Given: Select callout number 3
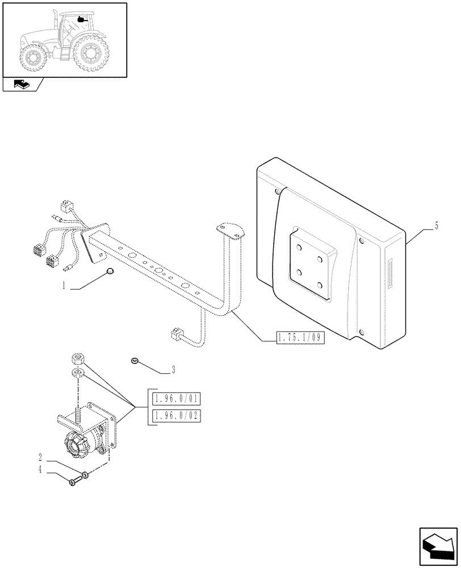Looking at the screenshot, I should click(x=173, y=370).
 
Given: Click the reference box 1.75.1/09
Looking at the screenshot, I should click(x=299, y=338).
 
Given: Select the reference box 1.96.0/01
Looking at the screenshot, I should click(x=177, y=398).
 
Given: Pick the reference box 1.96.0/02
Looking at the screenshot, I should click(x=177, y=416).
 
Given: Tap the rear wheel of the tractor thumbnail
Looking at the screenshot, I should click(x=91, y=54).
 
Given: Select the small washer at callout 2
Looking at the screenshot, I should click(x=85, y=475).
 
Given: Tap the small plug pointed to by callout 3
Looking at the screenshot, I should click(x=135, y=360).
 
